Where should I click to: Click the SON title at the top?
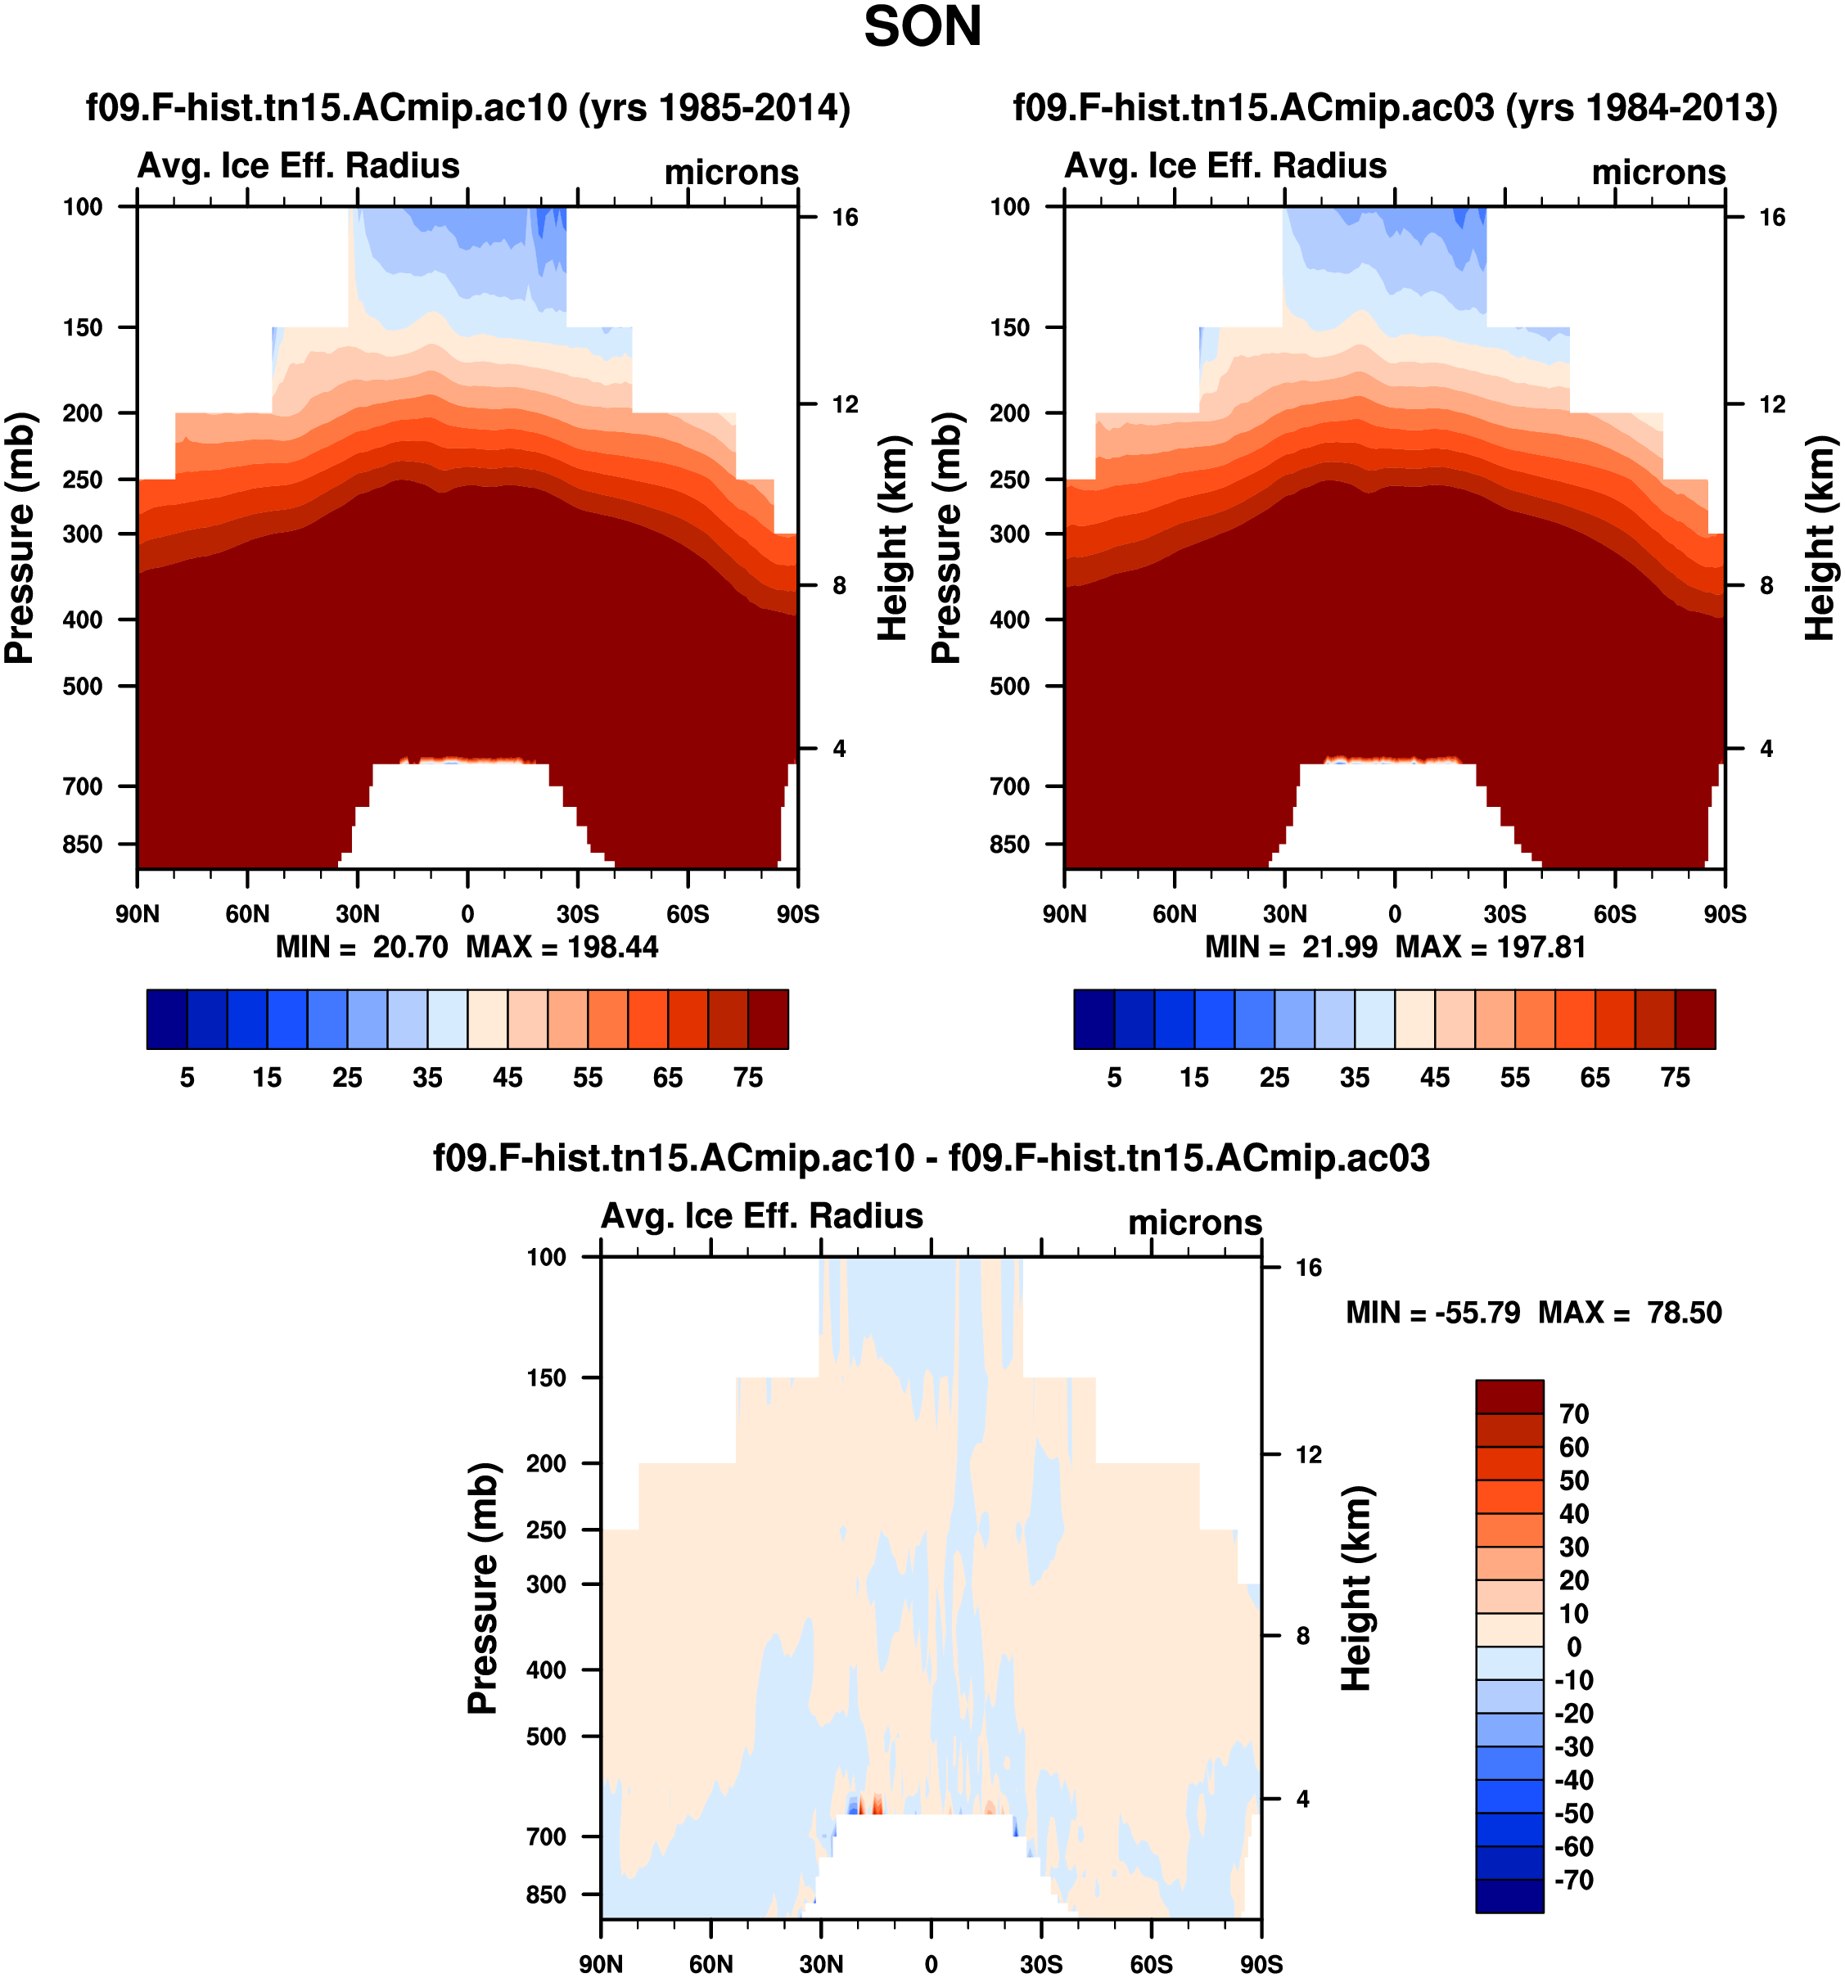[922, 27]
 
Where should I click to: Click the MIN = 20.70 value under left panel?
[363, 946]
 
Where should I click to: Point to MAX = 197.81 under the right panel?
[1490, 946]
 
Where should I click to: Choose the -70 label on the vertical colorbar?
[1572, 1880]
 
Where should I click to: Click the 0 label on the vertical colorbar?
[1573, 1647]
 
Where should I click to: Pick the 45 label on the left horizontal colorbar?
[507, 1078]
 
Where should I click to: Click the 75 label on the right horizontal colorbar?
[1675, 1078]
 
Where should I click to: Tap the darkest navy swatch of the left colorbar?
[166, 1019]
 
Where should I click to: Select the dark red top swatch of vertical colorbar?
[1509, 1396]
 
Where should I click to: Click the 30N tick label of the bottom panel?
[821, 1963]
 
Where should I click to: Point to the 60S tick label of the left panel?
[688, 913]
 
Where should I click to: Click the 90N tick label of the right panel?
[1064, 913]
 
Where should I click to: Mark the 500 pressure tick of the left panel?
[83, 686]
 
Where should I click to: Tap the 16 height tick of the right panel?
[1771, 217]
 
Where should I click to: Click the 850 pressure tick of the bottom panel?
[546, 1895]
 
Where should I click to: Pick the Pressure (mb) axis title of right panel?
[946, 538]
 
